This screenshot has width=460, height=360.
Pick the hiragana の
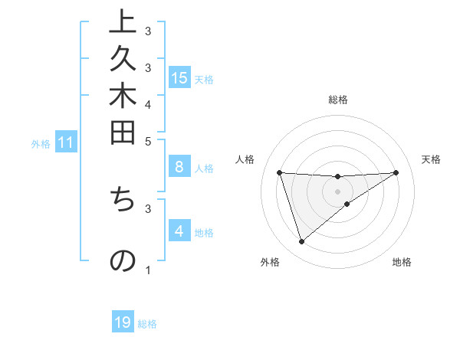(123, 260)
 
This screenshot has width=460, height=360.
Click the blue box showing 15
(179, 77)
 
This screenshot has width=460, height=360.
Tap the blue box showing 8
(179, 166)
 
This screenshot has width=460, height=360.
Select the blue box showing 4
(179, 231)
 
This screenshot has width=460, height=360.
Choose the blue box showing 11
(66, 142)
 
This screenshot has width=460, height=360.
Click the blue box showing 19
(123, 322)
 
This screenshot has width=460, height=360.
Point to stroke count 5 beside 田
(148, 140)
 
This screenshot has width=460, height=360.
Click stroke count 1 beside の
(148, 270)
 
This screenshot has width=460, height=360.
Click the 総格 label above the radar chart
(338, 100)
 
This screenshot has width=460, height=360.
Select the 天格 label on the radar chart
(431, 159)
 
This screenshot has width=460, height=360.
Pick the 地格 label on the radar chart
(402, 262)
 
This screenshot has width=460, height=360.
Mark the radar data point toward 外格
(301, 242)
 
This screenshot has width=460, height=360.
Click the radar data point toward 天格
(396, 172)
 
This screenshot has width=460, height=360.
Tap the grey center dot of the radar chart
(338, 191)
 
